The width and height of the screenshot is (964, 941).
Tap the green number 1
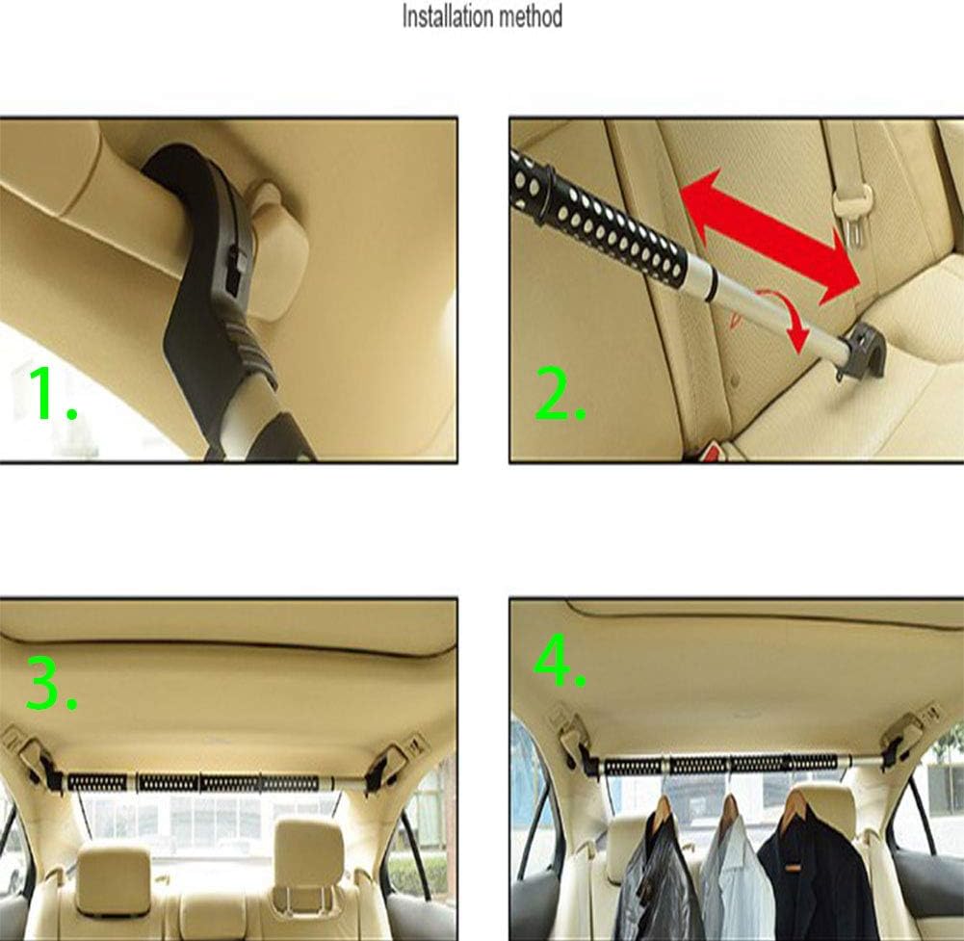point(52,394)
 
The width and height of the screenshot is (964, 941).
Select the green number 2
point(560,394)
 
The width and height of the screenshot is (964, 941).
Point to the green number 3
point(52,684)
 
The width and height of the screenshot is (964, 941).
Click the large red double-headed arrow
point(770,237)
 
